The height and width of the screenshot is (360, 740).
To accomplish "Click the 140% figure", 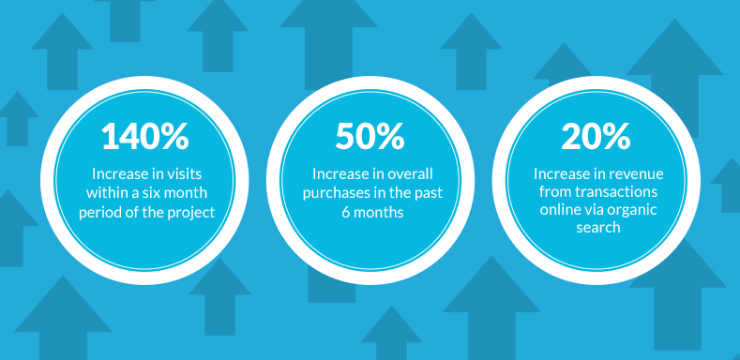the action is click(x=144, y=136).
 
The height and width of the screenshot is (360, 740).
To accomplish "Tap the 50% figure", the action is click(x=370, y=136).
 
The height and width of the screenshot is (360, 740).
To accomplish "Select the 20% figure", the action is click(x=596, y=136).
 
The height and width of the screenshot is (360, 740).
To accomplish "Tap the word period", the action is click(x=96, y=212).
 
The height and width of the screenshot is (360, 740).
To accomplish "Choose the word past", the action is click(x=430, y=193).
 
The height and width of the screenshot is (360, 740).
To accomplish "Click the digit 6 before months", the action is click(x=345, y=213).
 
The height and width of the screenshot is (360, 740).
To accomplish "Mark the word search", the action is click(x=598, y=228).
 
